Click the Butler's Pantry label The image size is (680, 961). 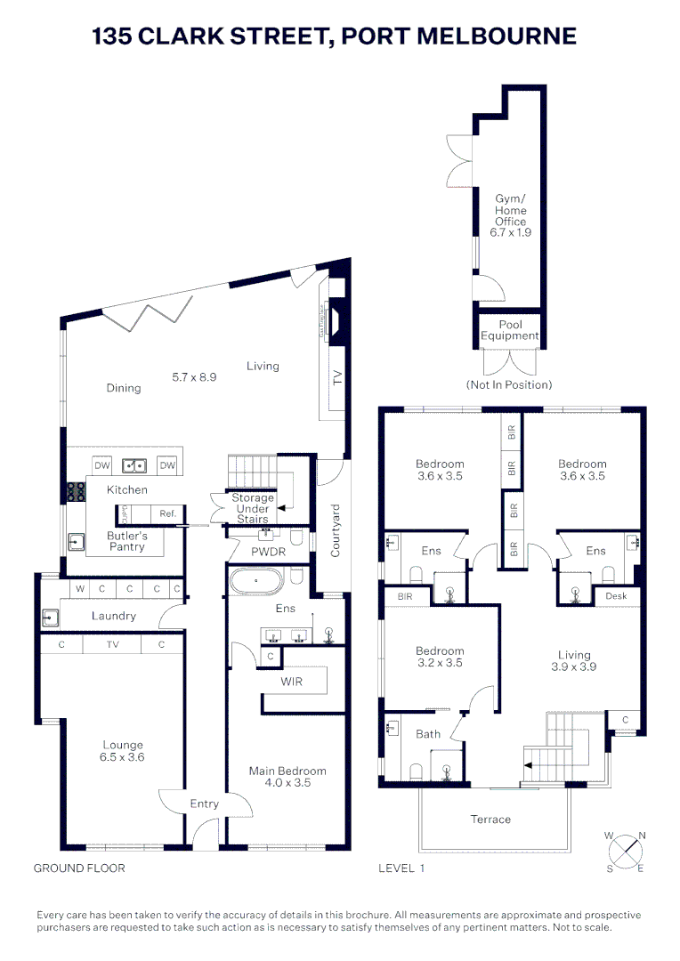(x=127, y=542)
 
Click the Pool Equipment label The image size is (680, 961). (x=510, y=330)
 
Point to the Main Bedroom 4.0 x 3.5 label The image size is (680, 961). (x=287, y=777)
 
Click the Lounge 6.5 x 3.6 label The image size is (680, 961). (x=122, y=751)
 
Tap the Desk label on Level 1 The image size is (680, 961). (x=616, y=595)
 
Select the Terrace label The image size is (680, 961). (x=490, y=819)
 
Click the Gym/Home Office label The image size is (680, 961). (x=511, y=216)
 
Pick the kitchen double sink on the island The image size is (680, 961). (x=135, y=464)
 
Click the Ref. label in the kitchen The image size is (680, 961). (x=167, y=513)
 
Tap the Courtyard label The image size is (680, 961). (x=336, y=531)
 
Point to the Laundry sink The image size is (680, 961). (x=48, y=617)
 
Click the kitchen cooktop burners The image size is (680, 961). (x=74, y=491)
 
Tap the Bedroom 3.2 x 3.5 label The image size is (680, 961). (x=440, y=657)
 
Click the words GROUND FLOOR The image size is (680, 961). (x=79, y=868)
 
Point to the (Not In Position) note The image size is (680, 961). (x=508, y=384)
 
